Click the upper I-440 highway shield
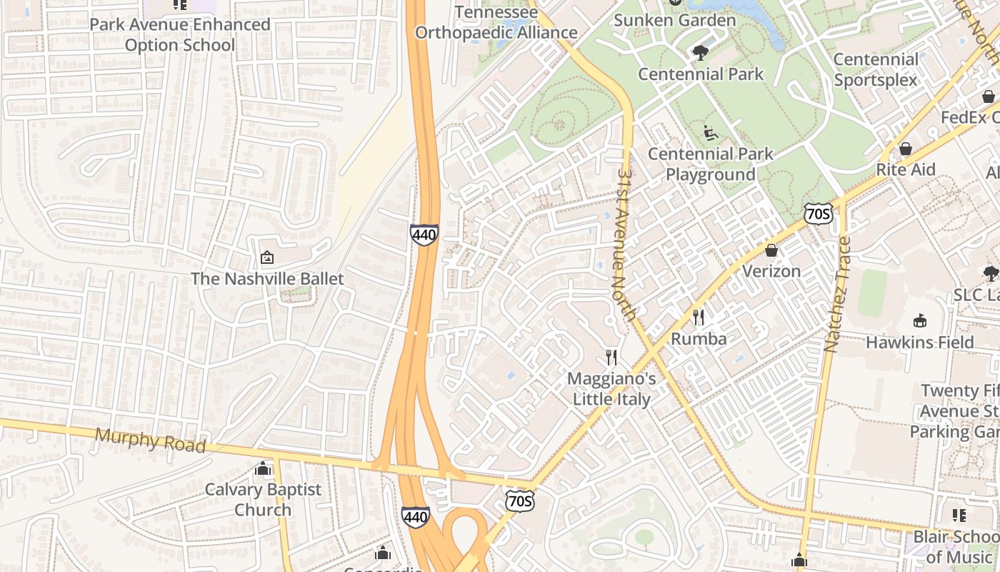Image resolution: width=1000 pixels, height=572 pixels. click(424, 235)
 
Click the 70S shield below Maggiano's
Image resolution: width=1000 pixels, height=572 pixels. click(519, 501)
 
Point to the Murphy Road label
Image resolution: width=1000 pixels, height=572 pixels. click(150, 440)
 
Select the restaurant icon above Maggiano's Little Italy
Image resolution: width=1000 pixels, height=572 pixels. click(611, 357)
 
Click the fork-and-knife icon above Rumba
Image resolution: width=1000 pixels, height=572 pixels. click(699, 317)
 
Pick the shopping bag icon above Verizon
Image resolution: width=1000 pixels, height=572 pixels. click(771, 250)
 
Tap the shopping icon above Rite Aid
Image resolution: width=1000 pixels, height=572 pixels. click(905, 149)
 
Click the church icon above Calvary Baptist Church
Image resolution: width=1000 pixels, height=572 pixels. click(263, 468)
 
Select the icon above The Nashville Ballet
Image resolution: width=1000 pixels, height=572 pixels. click(267, 257)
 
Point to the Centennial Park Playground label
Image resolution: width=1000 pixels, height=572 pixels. click(711, 164)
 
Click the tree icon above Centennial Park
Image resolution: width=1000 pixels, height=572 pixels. click(701, 52)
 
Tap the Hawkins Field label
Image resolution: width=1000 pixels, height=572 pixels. click(920, 342)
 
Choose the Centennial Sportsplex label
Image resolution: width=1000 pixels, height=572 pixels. click(876, 69)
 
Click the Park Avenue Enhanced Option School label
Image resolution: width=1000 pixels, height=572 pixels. click(179, 34)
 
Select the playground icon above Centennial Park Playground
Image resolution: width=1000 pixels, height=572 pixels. click(710, 132)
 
